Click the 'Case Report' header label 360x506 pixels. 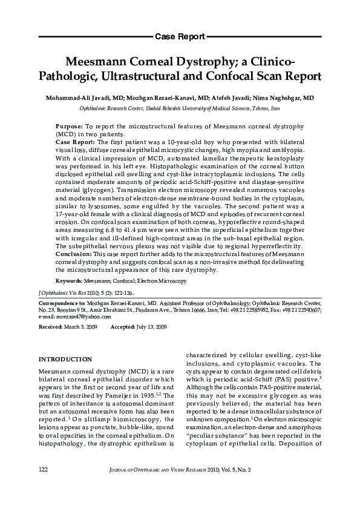point(180,37)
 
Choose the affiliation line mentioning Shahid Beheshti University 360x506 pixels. point(180,108)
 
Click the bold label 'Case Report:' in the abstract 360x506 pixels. point(74,141)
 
